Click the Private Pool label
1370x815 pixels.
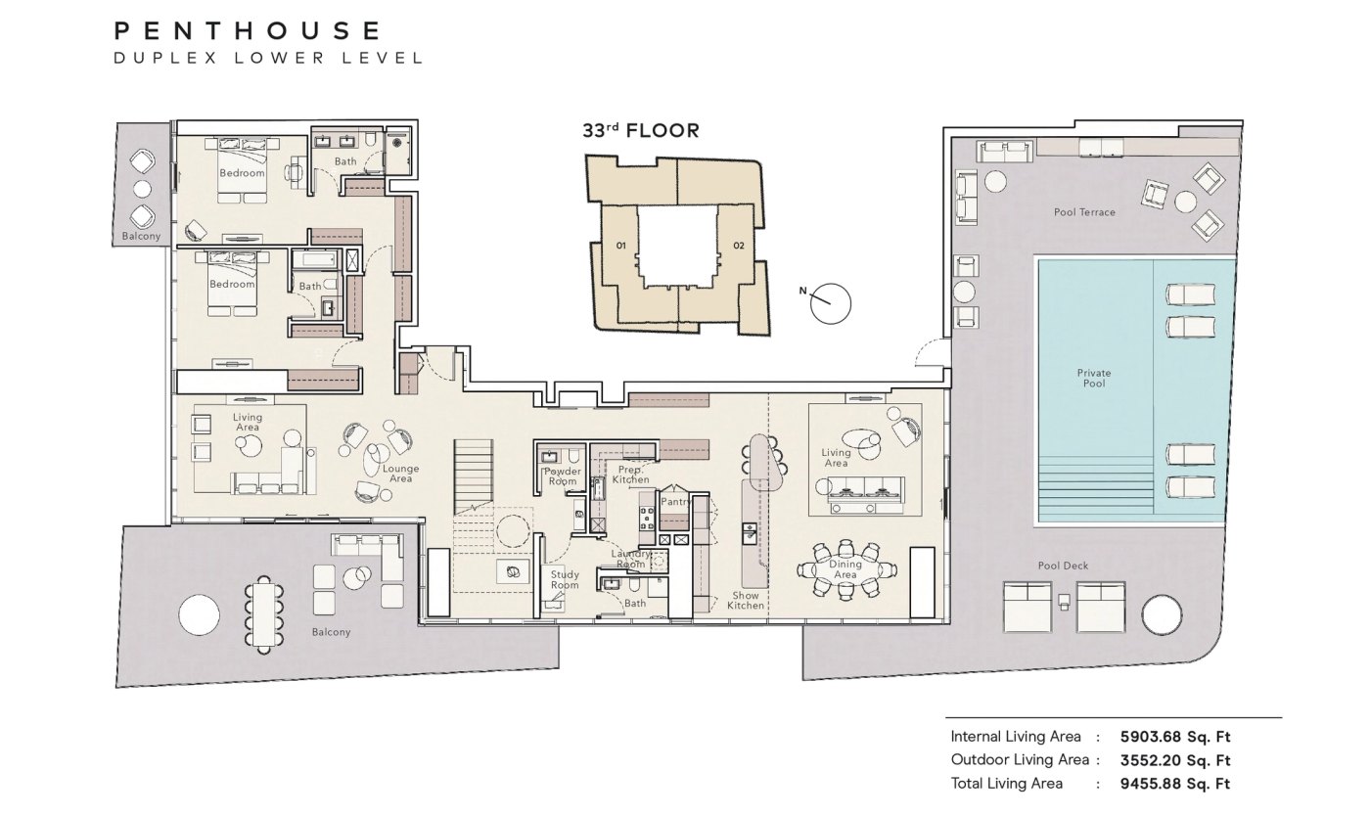[x=1094, y=378]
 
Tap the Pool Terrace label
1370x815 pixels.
[x=1084, y=212]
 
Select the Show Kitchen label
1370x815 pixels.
[x=746, y=601]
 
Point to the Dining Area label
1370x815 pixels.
[x=845, y=569]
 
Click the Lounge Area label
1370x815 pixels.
[x=400, y=474]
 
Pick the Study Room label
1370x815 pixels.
[x=565, y=579]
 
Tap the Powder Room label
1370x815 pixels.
[x=563, y=476]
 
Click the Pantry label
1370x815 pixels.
[x=676, y=501]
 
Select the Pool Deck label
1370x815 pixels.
[x=1063, y=566]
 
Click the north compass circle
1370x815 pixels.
[x=831, y=304]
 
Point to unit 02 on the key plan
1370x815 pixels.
[x=739, y=246]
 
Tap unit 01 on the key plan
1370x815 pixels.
[x=620, y=246]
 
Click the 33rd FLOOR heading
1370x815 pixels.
[x=640, y=130]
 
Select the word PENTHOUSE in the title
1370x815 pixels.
[x=248, y=30]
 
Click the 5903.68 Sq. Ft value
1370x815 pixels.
[x=1175, y=737]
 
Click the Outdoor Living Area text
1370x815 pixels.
[x=1020, y=760]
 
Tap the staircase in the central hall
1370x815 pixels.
[x=473, y=476]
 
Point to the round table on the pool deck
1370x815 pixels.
[x=1162, y=613]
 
